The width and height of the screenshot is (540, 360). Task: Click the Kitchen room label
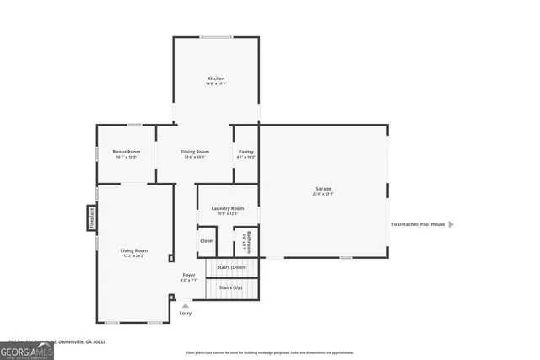(216, 78)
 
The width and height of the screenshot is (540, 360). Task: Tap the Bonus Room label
(126, 152)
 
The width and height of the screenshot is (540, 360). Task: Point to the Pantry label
(246, 152)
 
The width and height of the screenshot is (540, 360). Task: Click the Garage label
(323, 188)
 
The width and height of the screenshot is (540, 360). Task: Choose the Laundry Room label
(228, 208)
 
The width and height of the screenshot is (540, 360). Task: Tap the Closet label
(207, 241)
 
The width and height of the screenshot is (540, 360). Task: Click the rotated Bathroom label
(246, 241)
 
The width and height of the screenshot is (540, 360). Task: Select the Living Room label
(133, 250)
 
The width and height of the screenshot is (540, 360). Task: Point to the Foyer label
(189, 275)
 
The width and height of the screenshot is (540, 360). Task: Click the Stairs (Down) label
(231, 267)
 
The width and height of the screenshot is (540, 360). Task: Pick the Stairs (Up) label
(231, 287)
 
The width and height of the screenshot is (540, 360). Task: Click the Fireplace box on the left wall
(90, 218)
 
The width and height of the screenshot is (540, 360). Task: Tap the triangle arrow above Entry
(186, 305)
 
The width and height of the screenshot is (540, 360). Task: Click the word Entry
(186, 314)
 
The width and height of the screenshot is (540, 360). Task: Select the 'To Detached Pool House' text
(417, 224)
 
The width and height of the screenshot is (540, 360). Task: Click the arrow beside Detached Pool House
(451, 224)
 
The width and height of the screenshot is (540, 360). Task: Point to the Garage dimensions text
(323, 194)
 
